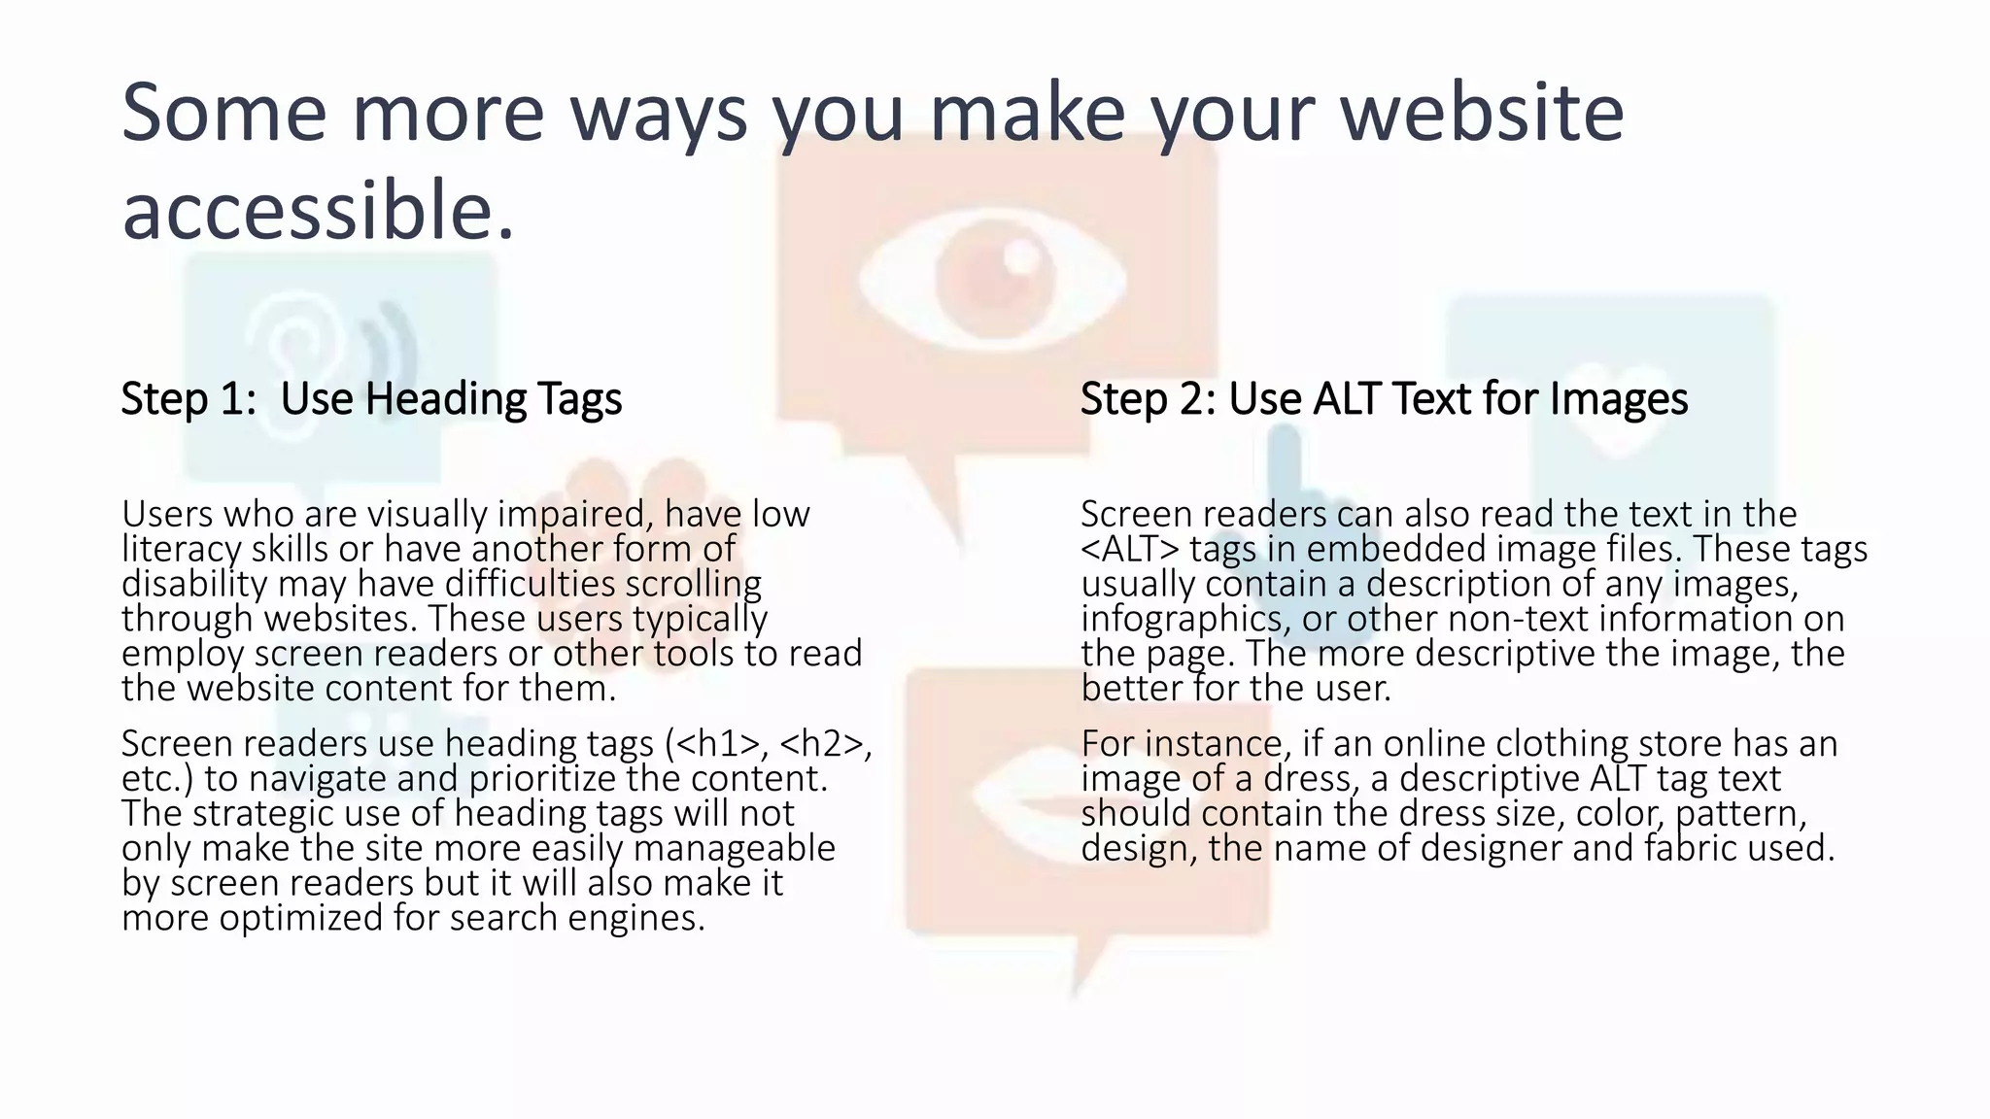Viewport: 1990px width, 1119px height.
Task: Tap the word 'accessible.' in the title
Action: pos(318,211)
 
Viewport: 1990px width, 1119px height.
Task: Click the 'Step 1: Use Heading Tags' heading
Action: pos(371,399)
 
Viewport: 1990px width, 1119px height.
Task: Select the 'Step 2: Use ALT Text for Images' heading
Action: pos(1384,399)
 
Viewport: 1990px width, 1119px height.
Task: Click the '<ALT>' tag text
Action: pos(1129,550)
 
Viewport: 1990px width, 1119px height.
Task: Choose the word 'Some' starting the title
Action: pos(223,113)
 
